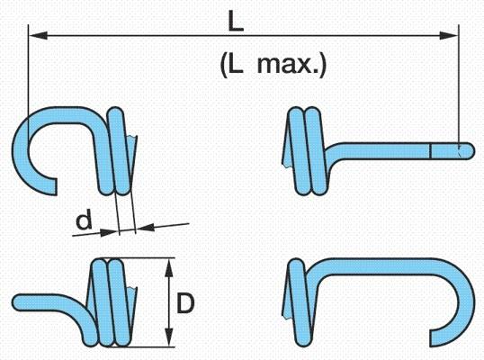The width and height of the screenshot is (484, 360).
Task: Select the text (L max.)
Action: click(x=273, y=66)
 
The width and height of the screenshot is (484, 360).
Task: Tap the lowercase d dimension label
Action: click(x=85, y=219)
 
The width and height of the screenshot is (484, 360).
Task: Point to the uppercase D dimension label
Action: click(x=185, y=303)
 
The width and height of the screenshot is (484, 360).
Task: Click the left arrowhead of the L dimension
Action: click(x=39, y=35)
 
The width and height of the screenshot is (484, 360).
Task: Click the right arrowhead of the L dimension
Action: click(x=449, y=35)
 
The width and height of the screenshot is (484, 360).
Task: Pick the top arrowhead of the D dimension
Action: click(x=168, y=268)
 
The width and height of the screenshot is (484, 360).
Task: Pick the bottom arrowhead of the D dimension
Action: click(x=168, y=337)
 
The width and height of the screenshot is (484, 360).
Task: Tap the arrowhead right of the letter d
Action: click(x=110, y=232)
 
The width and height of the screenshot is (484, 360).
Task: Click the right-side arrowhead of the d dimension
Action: click(x=146, y=228)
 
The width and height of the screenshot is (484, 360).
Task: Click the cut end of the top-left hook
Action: click(x=53, y=186)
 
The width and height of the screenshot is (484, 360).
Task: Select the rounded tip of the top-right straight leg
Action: click(x=470, y=151)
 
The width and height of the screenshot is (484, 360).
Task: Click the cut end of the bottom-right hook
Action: click(x=434, y=337)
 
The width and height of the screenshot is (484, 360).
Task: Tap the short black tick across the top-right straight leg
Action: click(x=430, y=151)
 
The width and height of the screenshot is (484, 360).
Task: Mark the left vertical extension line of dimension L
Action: click(x=28, y=83)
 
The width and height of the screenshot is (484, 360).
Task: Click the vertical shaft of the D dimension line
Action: click(x=168, y=302)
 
